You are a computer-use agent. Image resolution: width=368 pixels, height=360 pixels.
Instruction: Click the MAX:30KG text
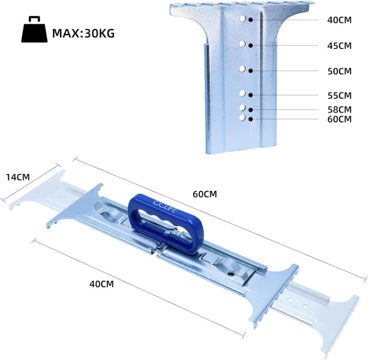[x=83, y=33]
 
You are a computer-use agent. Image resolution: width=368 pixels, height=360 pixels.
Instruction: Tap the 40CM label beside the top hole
[x=339, y=20]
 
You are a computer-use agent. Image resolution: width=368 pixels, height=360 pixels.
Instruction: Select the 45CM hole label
[x=339, y=46]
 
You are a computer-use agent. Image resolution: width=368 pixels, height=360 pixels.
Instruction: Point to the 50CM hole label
[x=339, y=71]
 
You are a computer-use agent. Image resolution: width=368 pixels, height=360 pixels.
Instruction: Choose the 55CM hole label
[x=339, y=95]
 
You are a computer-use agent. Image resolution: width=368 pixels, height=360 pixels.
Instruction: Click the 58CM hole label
[x=339, y=109]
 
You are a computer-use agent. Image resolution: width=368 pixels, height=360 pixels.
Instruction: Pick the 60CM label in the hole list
[x=339, y=119]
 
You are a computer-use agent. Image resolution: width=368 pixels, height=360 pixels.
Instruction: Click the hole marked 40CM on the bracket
[x=242, y=19]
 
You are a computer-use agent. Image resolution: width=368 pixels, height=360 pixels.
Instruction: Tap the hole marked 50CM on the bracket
[x=242, y=68]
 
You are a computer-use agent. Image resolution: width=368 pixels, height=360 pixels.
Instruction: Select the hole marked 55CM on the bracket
[x=242, y=94]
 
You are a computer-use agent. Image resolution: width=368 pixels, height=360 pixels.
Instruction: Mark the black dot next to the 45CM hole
[x=251, y=45]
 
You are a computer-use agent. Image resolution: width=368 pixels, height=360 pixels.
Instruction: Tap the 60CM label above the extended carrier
[x=205, y=194]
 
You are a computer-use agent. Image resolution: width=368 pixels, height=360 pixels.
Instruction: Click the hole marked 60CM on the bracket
[x=242, y=117]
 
